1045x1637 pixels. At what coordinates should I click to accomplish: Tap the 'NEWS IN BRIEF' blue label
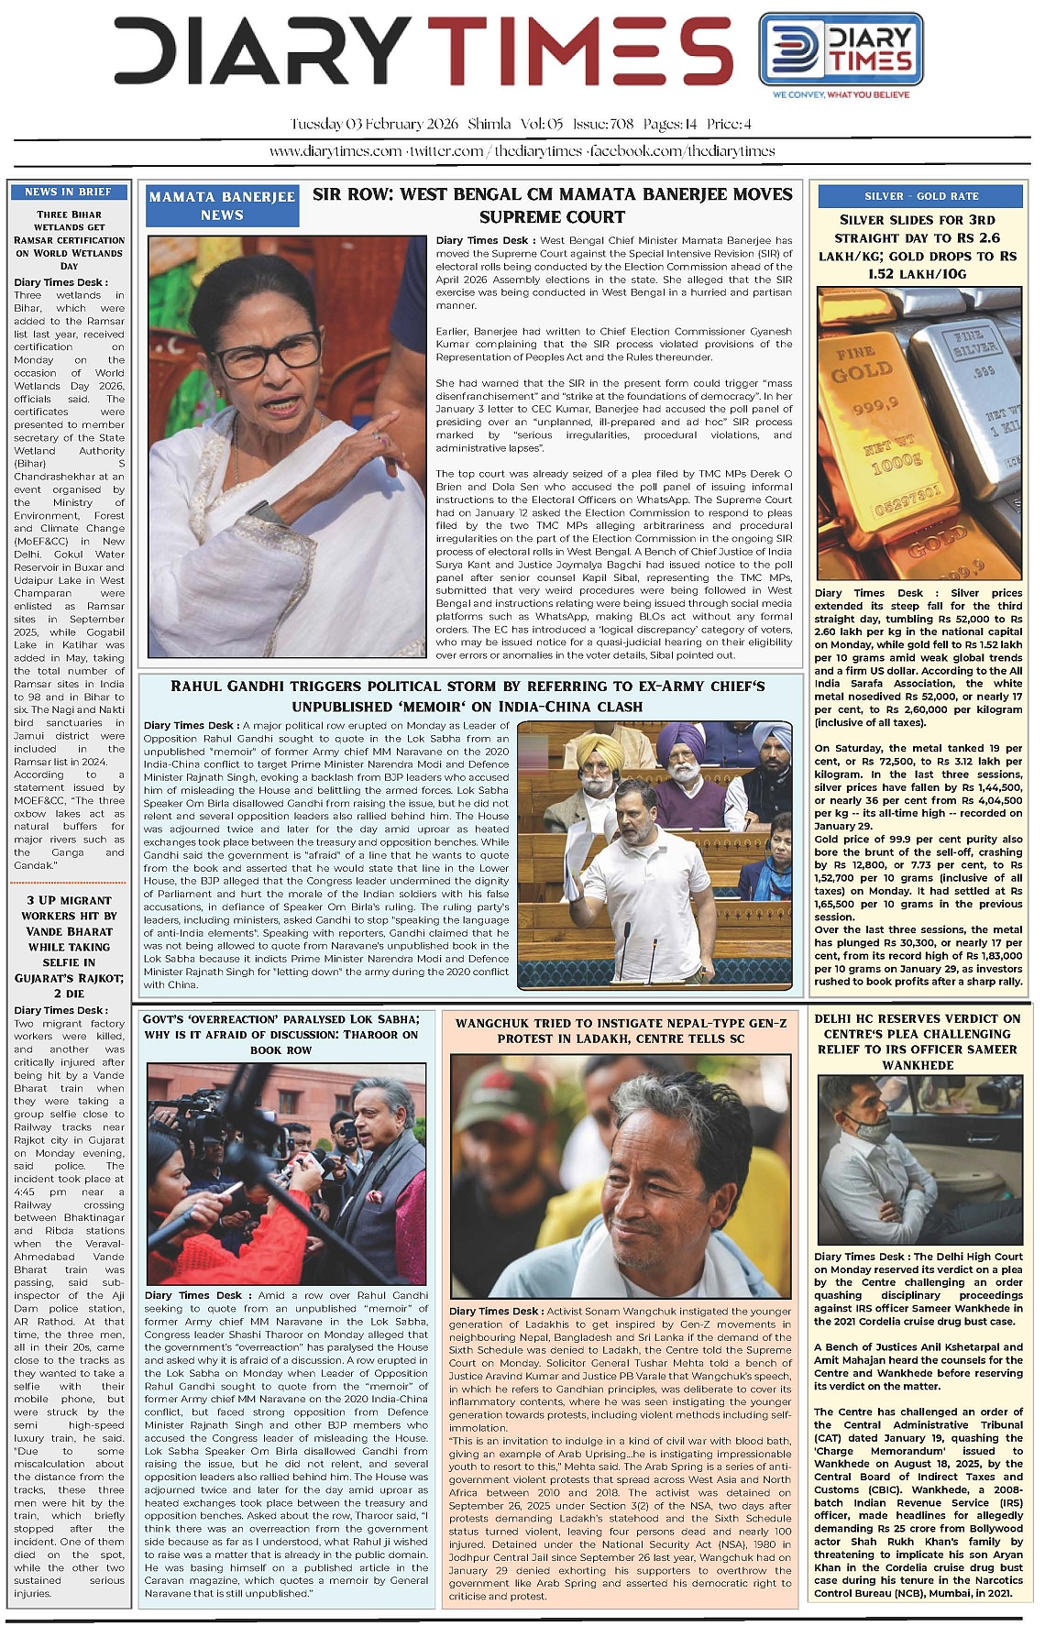69,192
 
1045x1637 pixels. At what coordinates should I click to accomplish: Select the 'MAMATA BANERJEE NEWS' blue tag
222,206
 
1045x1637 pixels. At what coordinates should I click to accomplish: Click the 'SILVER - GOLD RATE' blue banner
920,196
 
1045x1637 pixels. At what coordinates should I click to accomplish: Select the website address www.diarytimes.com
335,151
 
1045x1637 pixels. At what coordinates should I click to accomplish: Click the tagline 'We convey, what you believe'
841,94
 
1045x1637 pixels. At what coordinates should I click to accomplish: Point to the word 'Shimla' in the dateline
489,124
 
